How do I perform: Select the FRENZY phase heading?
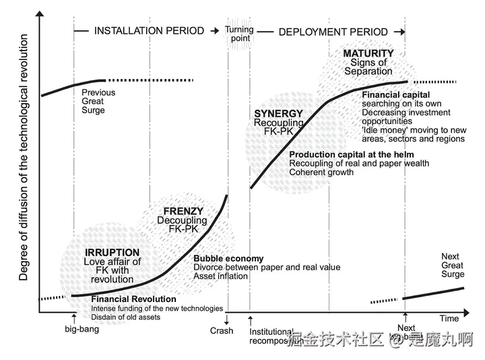pos(183,211)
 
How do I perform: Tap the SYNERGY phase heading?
pos(278,114)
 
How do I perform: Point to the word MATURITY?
pos(368,53)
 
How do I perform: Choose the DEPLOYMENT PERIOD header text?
pos(333,32)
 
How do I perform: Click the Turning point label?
pos(238,34)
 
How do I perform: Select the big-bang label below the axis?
pos(82,330)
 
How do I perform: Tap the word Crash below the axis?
pos(222,330)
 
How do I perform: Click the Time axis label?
pos(449,318)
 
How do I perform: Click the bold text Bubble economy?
pos(228,258)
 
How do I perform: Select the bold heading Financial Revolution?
pos(133,299)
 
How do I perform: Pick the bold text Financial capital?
pos(395,95)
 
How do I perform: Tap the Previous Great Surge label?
pos(98,101)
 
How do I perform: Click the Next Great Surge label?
pos(453,265)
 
